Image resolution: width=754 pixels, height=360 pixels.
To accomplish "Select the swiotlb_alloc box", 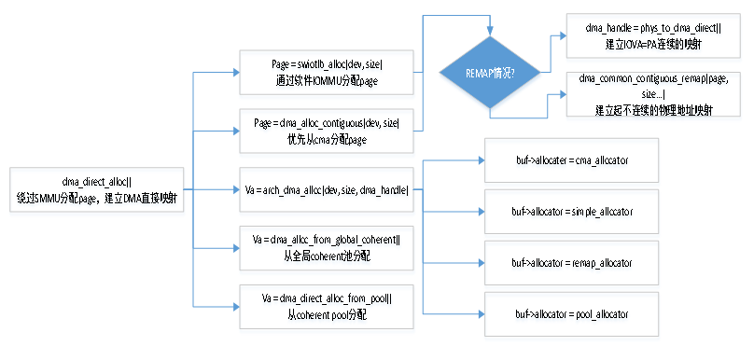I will [326, 72].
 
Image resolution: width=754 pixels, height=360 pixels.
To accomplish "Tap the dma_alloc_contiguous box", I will [326, 131].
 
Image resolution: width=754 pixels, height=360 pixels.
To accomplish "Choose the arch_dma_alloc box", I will [326, 190].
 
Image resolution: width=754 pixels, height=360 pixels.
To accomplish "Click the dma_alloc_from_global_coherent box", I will [326, 246].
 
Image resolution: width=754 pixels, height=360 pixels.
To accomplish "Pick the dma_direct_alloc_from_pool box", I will [326, 306].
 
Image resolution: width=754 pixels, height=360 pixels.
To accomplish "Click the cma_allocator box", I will [572, 160].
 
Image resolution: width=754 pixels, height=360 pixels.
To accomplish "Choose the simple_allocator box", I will [572, 212].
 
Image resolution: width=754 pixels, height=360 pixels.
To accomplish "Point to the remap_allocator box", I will [572, 263].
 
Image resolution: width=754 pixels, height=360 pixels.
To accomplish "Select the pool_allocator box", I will [572, 314].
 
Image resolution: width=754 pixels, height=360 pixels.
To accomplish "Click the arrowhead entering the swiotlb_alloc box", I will [235, 73].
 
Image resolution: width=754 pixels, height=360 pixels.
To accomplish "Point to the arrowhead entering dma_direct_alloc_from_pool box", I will [235, 306].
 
